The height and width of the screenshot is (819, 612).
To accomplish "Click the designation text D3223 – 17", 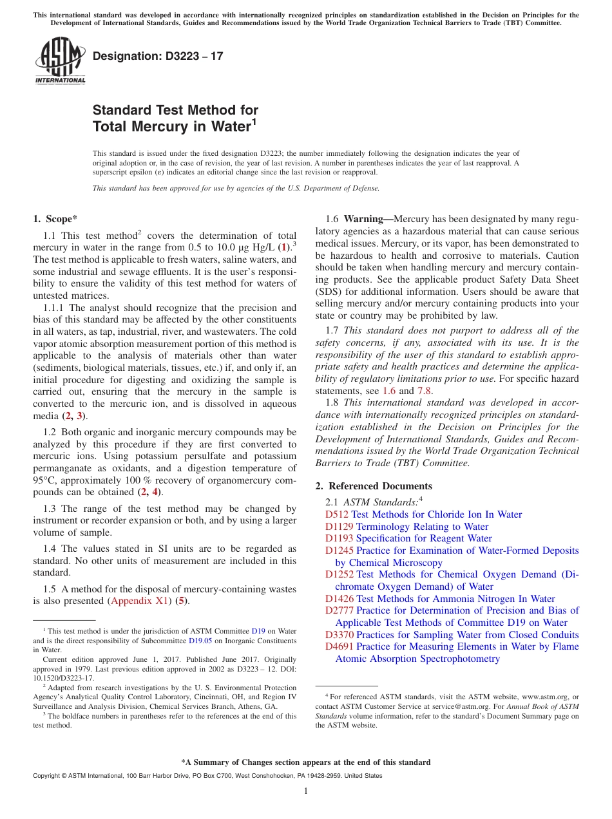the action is [x=158, y=56].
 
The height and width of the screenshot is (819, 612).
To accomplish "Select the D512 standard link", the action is [x=337, y=514].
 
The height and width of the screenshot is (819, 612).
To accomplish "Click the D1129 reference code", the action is [x=339, y=527].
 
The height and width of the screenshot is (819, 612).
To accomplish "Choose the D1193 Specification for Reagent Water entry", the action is [x=408, y=538].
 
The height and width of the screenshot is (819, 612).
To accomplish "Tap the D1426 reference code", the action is [x=339, y=599].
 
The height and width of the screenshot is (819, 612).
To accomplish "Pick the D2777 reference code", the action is [x=339, y=610].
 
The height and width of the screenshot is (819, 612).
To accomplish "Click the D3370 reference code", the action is [x=339, y=635].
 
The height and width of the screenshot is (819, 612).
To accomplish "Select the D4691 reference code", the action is [x=339, y=646].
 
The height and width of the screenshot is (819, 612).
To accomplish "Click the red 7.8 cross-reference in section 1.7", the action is [x=425, y=391].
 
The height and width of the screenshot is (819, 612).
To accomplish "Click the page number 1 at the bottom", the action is [x=306, y=791].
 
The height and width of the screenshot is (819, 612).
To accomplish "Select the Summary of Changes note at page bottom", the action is [x=306, y=762].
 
